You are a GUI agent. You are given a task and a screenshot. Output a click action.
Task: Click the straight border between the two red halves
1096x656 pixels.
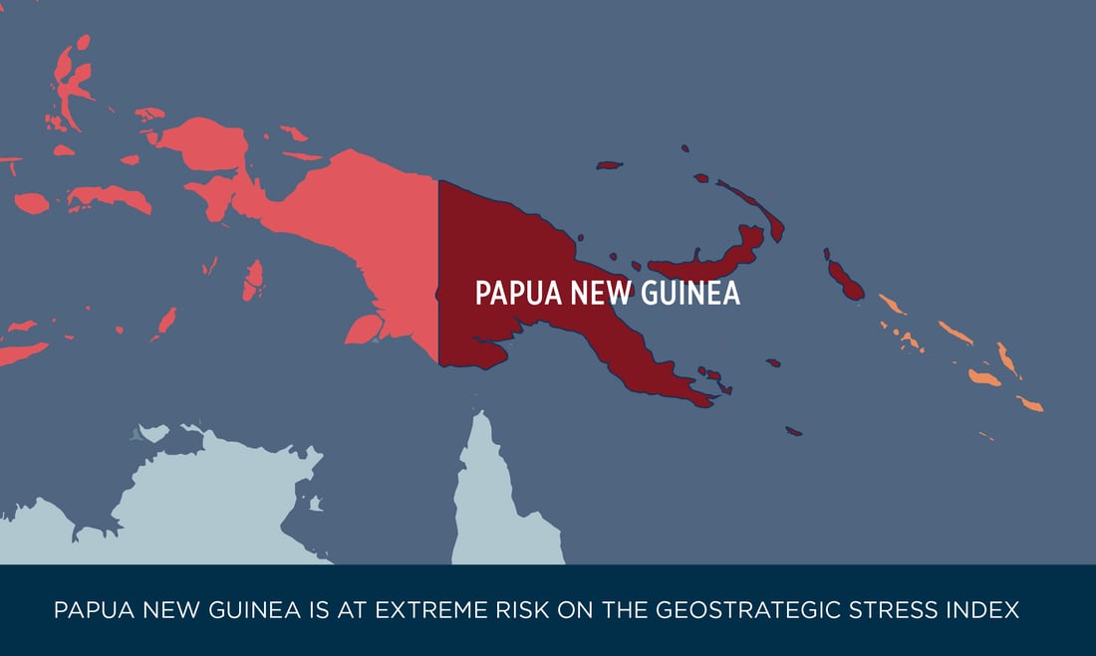click(x=438, y=269)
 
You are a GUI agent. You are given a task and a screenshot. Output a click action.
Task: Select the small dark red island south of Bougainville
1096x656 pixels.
click(x=794, y=431)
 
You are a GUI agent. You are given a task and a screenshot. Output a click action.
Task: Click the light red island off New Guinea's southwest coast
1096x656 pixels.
click(x=365, y=327)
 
